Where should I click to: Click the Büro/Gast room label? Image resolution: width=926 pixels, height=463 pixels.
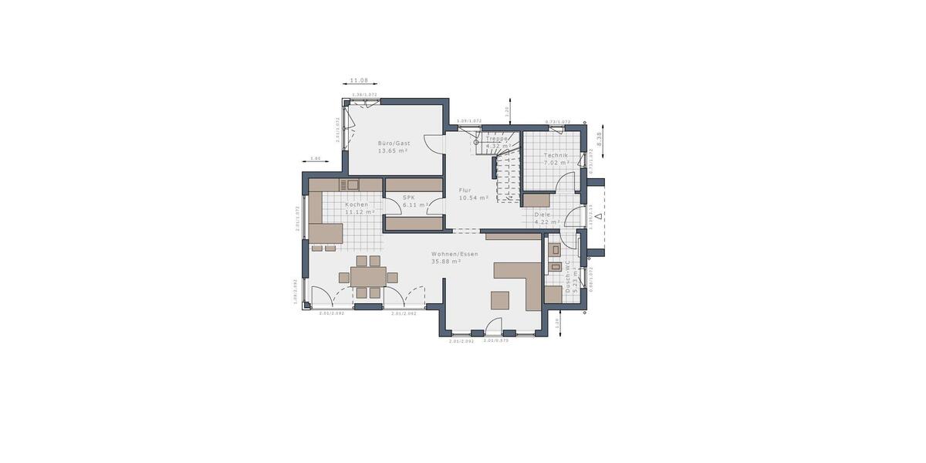pyautogui.click(x=394, y=144)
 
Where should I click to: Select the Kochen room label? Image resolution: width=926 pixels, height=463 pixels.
pyautogui.click(x=357, y=204)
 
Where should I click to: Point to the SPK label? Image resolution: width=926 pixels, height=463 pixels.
pyautogui.click(x=409, y=197)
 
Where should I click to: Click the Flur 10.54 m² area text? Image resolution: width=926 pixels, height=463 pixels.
pyautogui.click(x=474, y=198)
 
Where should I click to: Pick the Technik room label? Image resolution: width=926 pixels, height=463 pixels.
pyautogui.click(x=556, y=155)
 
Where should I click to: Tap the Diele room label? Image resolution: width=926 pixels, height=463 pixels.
pyautogui.click(x=542, y=215)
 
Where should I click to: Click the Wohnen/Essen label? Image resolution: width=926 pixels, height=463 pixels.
pyautogui.click(x=455, y=254)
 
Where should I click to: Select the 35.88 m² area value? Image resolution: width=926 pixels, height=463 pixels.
pyautogui.click(x=446, y=262)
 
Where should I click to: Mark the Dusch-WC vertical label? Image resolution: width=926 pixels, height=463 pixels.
pyautogui.click(x=567, y=276)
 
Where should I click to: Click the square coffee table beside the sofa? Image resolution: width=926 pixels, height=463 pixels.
pyautogui.click(x=499, y=299)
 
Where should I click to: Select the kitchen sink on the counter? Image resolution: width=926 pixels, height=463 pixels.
pyautogui.click(x=352, y=184)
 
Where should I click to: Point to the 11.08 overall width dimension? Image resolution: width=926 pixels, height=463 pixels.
pyautogui.click(x=359, y=80)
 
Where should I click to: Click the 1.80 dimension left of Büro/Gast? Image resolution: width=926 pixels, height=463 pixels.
pyautogui.click(x=315, y=158)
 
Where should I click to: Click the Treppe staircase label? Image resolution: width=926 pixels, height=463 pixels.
pyautogui.click(x=497, y=138)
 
